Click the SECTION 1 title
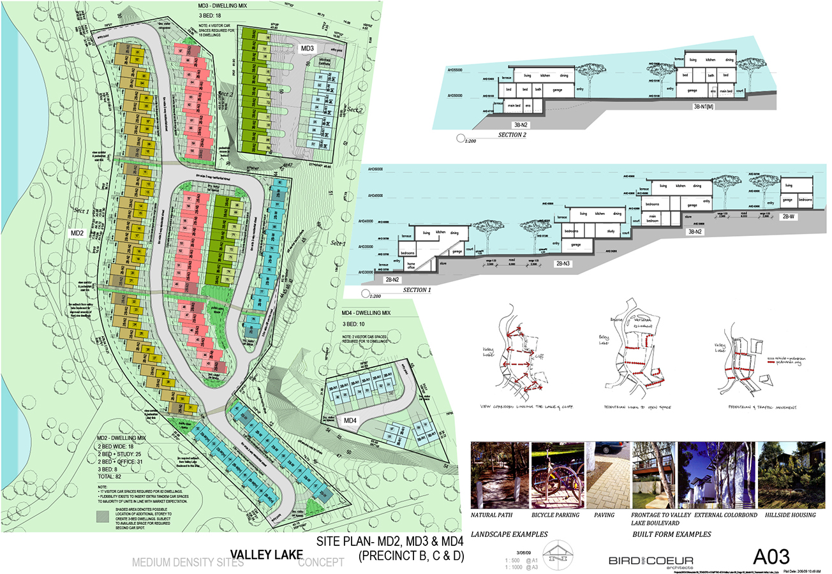[x=426, y=290]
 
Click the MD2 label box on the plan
[x=78, y=233]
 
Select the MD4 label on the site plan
[x=350, y=421]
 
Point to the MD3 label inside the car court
[x=308, y=49]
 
